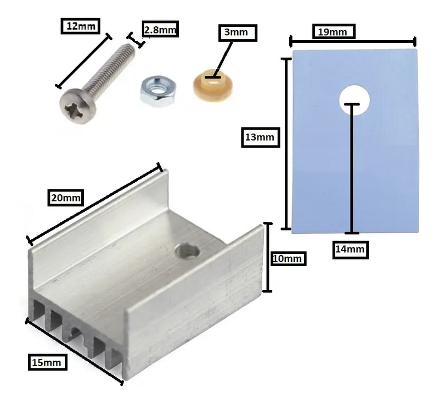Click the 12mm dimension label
point(81,26)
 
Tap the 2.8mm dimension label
point(160,29)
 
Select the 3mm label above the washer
point(238,33)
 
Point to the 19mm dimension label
point(334,31)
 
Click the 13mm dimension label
point(260,137)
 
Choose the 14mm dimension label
point(350,249)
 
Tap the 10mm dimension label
point(289,259)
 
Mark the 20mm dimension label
point(66,198)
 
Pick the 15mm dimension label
point(47,362)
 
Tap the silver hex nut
point(158,91)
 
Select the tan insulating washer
point(213,85)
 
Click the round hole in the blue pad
point(354,100)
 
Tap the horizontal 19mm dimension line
point(353,42)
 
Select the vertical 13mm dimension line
point(286,144)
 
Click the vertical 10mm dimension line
point(268,257)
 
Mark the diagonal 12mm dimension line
point(83,61)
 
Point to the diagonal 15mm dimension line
point(75,352)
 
